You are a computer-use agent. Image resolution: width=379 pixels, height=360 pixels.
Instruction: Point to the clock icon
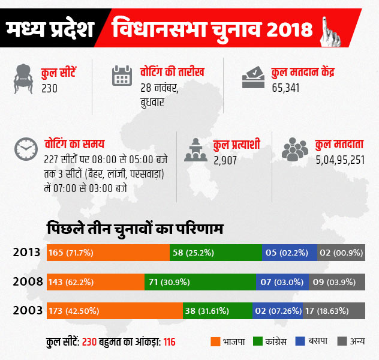tap(25, 149)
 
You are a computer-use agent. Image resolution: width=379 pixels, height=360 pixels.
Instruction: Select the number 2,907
tap(226, 160)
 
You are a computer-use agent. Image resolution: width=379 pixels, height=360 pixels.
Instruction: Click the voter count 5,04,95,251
tap(340, 160)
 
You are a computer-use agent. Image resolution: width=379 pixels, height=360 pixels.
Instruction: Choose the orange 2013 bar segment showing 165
tap(108, 253)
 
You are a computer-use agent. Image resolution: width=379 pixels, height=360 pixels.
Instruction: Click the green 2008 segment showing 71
tap(200, 281)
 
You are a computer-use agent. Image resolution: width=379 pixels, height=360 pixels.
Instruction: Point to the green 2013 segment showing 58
tap(216, 253)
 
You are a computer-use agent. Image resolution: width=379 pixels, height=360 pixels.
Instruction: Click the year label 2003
tap(28, 311)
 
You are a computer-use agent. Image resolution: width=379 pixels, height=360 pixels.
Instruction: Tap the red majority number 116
tap(169, 342)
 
